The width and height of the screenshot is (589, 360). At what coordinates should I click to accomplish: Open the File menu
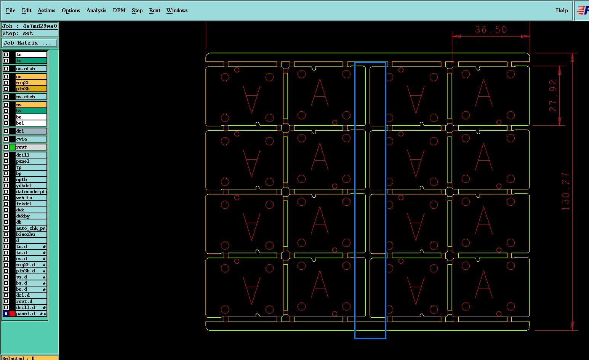[11, 10]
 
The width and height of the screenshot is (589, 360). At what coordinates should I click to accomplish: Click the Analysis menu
[96, 10]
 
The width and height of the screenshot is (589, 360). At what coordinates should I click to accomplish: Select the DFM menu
[119, 10]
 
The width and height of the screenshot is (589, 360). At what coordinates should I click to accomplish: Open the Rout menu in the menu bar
[155, 10]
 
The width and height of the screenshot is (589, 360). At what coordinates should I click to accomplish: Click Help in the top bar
[562, 10]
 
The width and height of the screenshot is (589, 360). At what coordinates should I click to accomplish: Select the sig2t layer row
[30, 83]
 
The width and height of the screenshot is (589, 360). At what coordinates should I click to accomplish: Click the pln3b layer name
[23, 89]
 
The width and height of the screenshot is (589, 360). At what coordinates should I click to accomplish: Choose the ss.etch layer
[30, 97]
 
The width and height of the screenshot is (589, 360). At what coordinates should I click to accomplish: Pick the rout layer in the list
[30, 147]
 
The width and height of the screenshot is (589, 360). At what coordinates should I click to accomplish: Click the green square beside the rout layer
[12, 147]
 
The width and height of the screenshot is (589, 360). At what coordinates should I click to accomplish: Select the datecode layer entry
[30, 192]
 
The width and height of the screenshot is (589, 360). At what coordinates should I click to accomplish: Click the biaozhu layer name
[26, 234]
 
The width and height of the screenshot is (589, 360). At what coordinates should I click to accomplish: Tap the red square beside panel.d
[12, 314]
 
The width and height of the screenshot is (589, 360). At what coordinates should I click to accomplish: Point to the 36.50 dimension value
[491, 30]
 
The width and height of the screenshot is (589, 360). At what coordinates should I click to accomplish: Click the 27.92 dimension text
[553, 96]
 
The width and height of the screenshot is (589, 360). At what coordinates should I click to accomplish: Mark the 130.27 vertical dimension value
[566, 191]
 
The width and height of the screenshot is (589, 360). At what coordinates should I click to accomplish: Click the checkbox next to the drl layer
[6, 131]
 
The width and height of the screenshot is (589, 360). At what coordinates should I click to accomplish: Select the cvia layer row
[30, 139]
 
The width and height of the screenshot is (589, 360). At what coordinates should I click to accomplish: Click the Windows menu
[177, 10]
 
